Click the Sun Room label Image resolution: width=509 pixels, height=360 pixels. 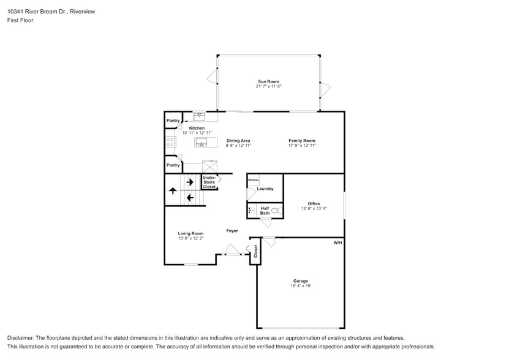(268, 81)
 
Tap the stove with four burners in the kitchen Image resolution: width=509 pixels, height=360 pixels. (170, 143)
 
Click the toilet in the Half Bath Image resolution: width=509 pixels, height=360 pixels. (276, 211)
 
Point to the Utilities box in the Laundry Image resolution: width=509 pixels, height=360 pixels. (253, 181)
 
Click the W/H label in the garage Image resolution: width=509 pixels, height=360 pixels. (337, 243)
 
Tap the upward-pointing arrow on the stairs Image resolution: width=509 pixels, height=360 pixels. (173, 191)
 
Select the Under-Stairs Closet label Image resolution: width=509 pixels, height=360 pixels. (209, 182)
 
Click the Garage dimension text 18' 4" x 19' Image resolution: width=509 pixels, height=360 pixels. (300, 286)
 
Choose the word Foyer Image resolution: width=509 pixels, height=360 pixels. (232, 231)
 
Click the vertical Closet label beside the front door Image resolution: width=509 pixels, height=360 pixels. (256, 251)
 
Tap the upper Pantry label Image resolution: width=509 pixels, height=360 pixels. (173, 121)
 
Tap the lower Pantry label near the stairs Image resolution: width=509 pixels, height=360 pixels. (173, 165)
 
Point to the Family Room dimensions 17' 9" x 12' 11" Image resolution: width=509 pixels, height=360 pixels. (302, 146)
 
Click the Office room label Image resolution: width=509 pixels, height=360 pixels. (314, 204)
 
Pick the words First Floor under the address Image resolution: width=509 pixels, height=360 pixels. (21, 20)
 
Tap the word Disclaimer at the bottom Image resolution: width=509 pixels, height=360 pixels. (20, 338)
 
